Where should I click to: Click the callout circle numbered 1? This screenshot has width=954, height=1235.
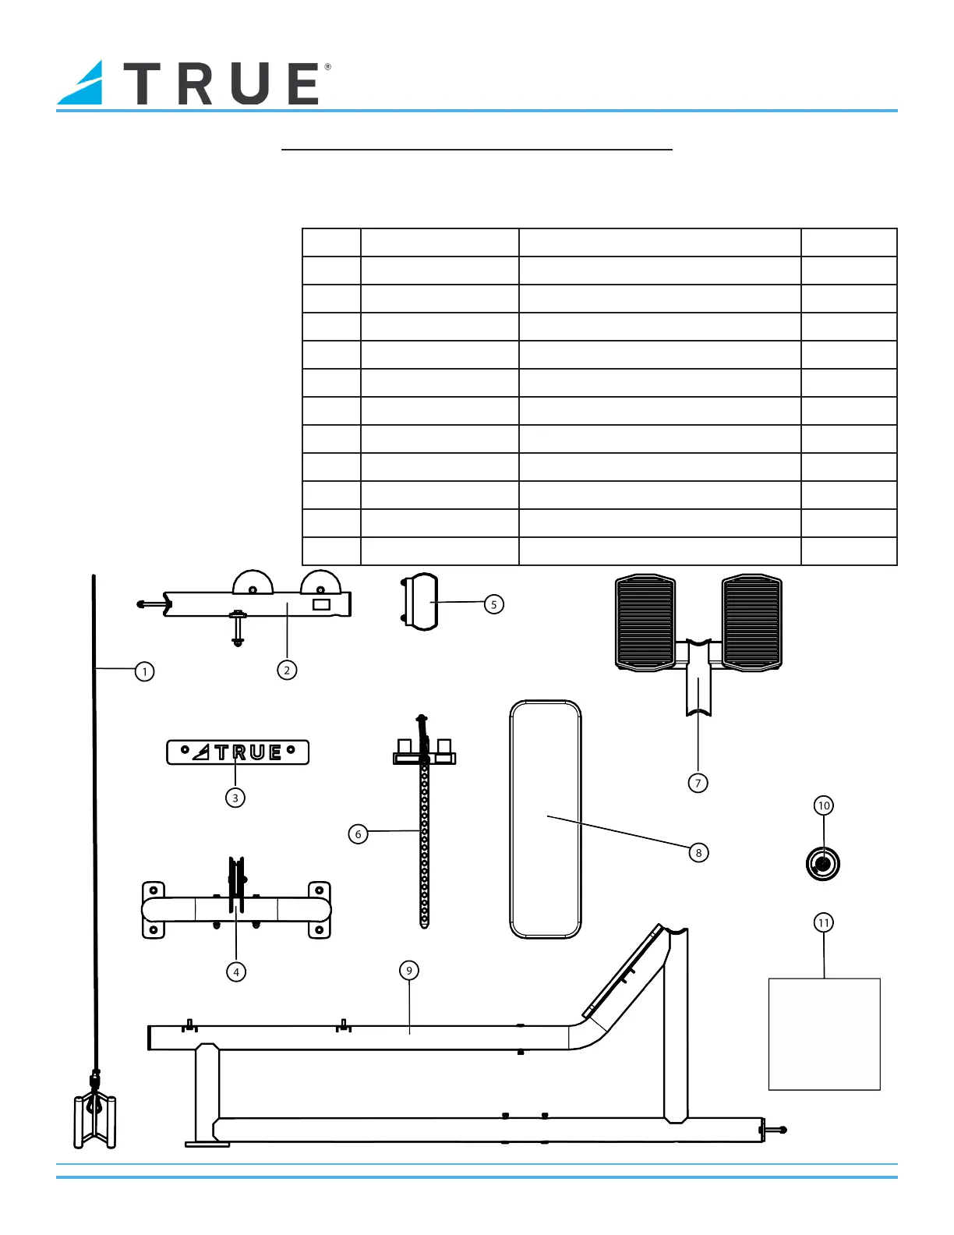point(144,671)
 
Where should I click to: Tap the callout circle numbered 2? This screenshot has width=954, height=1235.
point(287,670)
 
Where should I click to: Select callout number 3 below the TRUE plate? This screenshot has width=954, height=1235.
point(235,798)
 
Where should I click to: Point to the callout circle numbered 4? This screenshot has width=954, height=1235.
point(236,971)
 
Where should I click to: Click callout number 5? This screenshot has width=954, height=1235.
point(494,604)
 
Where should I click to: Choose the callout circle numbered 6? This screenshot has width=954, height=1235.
point(358,834)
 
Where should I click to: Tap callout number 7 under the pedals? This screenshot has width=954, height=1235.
point(698,783)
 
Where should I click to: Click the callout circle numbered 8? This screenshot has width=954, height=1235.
point(698,852)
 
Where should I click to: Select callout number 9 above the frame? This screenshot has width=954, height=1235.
point(409,970)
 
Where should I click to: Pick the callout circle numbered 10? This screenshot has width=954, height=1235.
point(824,805)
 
